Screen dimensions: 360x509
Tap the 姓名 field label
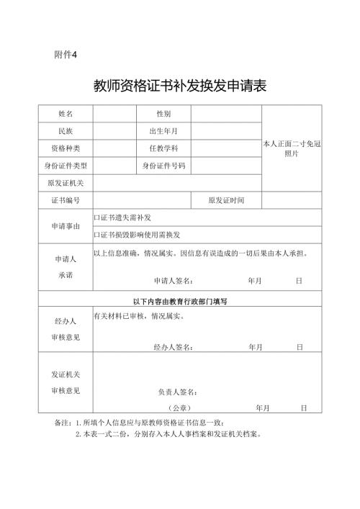coord(66,114)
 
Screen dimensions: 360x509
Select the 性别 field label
coord(163,114)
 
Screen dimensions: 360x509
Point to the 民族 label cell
coord(66,131)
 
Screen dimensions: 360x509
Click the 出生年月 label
coord(163,131)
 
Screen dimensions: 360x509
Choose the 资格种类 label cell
coord(66,148)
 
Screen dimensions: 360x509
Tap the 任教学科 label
coord(163,148)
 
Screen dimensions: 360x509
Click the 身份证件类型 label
coord(66,166)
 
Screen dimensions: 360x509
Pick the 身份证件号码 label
coord(163,166)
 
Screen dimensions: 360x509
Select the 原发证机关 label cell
coord(66,183)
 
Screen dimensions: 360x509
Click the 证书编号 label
coord(66,200)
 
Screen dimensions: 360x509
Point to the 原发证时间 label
coord(226,200)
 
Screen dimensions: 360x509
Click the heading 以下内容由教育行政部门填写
coord(180,301)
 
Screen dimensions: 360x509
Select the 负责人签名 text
coord(178,392)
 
